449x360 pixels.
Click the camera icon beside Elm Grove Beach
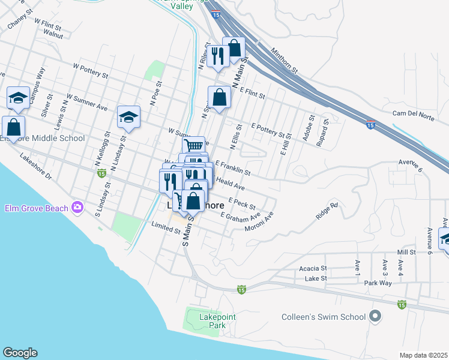click(x=77, y=208)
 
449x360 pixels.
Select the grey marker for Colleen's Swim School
click(x=375, y=316)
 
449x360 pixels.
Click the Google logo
click(x=20, y=353)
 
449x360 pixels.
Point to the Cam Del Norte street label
click(x=413, y=113)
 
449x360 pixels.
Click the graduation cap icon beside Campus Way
click(x=19, y=98)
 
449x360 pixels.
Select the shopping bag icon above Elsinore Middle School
click(x=13, y=127)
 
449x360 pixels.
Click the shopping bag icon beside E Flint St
click(x=220, y=97)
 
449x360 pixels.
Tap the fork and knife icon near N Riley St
click(x=217, y=56)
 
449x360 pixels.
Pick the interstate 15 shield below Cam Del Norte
click(x=370, y=125)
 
